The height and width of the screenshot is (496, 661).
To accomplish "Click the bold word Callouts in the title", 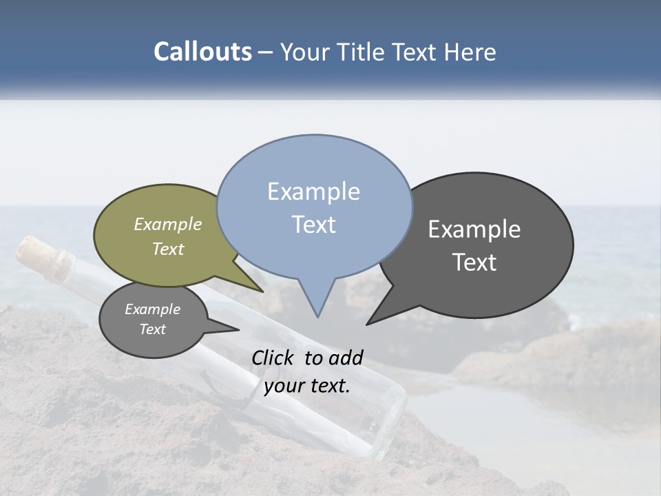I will pyautogui.click(x=202, y=52).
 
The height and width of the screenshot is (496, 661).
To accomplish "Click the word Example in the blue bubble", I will pyautogui.click(x=314, y=192).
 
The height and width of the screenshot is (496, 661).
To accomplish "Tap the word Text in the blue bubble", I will pyautogui.click(x=314, y=225).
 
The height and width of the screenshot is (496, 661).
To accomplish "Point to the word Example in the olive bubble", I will pyautogui.click(x=168, y=224).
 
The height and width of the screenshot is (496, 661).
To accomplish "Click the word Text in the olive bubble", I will pyautogui.click(x=168, y=249).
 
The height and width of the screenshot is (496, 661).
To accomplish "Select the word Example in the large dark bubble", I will pyautogui.click(x=474, y=229).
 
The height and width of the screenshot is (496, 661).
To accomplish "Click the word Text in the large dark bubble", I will pyautogui.click(x=474, y=262).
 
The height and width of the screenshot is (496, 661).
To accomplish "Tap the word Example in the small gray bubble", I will pyautogui.click(x=152, y=309).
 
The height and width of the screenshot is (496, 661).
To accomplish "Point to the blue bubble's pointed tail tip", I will pyautogui.click(x=317, y=315).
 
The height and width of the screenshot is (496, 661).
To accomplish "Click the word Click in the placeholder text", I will pyautogui.click(x=274, y=358).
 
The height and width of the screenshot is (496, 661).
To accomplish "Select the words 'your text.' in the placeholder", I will pyautogui.click(x=307, y=386).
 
